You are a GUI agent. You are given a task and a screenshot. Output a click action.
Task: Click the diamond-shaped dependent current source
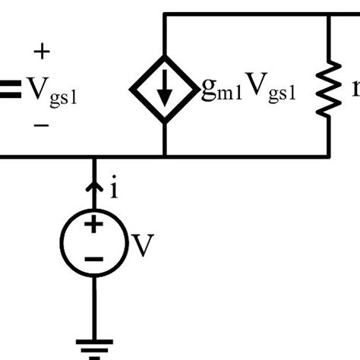click(165, 89)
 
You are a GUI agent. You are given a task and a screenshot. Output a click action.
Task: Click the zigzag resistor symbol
click(330, 90)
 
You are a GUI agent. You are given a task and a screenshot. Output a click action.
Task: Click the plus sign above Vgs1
click(43, 52)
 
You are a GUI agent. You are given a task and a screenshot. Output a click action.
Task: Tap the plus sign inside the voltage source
click(94, 225)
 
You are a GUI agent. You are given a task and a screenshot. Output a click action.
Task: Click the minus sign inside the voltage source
click(94, 258)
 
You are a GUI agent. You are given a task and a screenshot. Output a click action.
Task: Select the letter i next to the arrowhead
click(114, 188)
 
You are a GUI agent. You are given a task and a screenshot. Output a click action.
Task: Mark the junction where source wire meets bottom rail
click(94, 157)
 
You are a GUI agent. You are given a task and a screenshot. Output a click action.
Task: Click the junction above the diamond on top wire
click(165, 14)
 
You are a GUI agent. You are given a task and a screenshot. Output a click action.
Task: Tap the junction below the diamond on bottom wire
click(165, 157)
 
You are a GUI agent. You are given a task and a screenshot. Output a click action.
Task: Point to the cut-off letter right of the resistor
click(355, 90)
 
